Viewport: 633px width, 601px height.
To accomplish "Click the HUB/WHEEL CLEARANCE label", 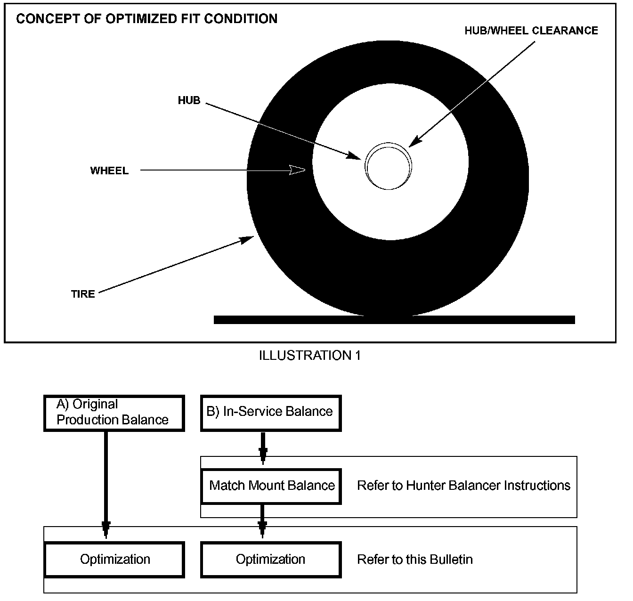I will click(531, 31).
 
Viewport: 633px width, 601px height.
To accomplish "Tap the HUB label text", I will click(189, 100).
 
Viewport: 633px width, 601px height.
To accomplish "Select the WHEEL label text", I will click(109, 171).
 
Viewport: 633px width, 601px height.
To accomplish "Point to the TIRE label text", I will click(83, 294).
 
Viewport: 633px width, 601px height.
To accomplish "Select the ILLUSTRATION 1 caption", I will click(309, 356).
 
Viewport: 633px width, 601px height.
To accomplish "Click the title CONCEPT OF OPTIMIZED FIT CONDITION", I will click(146, 19).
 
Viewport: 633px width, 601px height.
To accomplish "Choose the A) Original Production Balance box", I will click(114, 413).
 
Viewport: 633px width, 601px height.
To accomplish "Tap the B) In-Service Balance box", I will click(270, 413).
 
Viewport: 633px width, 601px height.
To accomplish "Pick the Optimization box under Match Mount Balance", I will click(271, 560).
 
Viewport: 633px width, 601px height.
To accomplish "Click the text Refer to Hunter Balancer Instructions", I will click(463, 486).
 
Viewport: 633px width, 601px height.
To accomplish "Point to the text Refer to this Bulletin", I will click(415, 560).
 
